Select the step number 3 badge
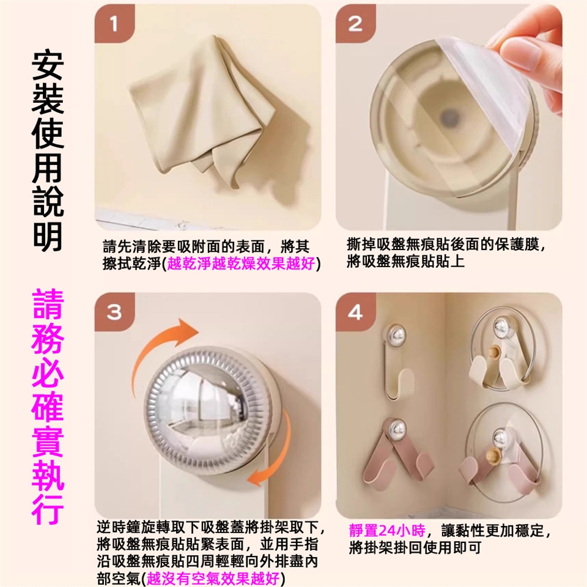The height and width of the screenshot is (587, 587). [114, 312]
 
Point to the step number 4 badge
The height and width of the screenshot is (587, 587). [355, 312]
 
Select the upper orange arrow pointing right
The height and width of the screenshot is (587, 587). [164, 337]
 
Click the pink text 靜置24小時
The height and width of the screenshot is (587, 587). [387, 531]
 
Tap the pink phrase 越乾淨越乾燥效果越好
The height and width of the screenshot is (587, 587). [241, 264]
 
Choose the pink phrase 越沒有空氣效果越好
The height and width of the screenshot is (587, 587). [213, 578]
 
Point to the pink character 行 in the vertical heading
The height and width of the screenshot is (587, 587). [48, 508]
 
